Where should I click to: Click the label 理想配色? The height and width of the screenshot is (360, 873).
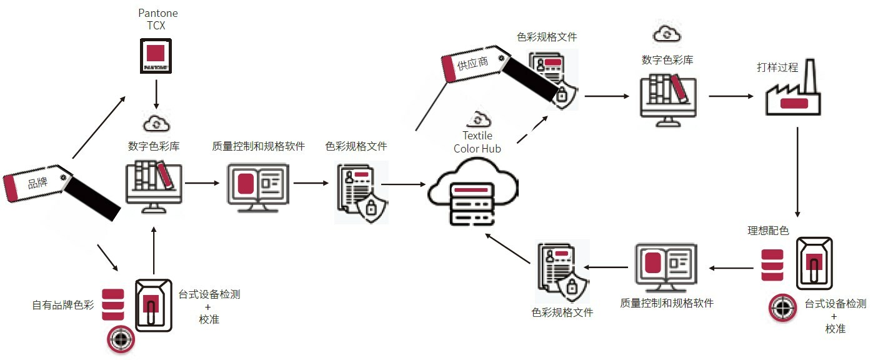pyautogui.click(x=768, y=231)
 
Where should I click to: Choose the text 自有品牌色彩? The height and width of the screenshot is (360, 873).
pyautogui.click(x=63, y=305)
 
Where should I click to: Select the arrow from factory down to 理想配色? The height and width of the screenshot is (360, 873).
pyautogui.click(x=798, y=172)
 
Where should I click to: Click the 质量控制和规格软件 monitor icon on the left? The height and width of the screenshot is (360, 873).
pyautogui.click(x=257, y=186)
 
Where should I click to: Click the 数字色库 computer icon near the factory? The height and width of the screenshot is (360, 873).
pyautogui.click(x=667, y=97)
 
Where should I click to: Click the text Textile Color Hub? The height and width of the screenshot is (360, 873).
pyautogui.click(x=477, y=142)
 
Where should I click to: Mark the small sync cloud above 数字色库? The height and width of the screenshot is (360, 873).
pyautogui.click(x=667, y=34)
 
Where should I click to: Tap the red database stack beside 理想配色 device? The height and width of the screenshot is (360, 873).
pyautogui.click(x=772, y=265)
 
